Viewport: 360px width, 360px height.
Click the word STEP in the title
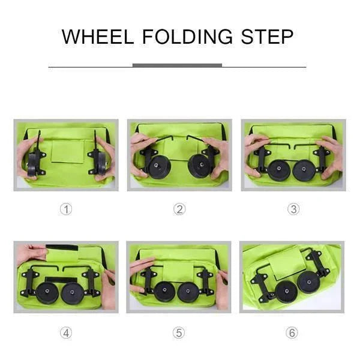268,37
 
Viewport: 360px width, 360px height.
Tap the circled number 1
66,209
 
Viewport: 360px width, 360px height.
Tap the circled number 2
179,209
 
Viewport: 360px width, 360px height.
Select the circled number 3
293,209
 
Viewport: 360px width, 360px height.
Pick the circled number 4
66,333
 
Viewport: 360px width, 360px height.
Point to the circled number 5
179,333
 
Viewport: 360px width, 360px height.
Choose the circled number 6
292,333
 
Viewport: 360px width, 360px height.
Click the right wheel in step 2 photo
199,166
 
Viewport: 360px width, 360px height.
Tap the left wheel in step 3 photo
278,169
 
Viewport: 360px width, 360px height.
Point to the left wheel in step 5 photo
164,292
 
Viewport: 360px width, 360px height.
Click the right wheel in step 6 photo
310,282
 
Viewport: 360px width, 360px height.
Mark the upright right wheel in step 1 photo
99,161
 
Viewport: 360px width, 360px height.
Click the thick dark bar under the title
177,65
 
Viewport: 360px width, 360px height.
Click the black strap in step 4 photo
62,248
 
